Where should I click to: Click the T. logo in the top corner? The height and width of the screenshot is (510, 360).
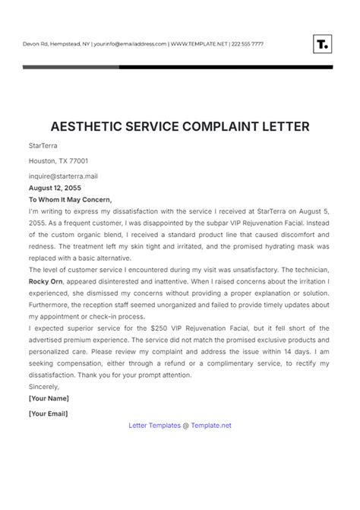[x=322, y=43]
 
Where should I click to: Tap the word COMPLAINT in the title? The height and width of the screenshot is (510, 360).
[x=222, y=127]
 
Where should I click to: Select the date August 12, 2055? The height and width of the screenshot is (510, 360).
[x=55, y=187]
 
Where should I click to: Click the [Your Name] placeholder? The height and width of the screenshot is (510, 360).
[x=49, y=398]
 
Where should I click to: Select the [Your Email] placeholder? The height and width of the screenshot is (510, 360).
[x=48, y=413]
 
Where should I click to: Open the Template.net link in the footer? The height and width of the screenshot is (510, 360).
[x=212, y=425]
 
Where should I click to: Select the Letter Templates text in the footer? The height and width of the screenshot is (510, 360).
[x=154, y=425]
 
